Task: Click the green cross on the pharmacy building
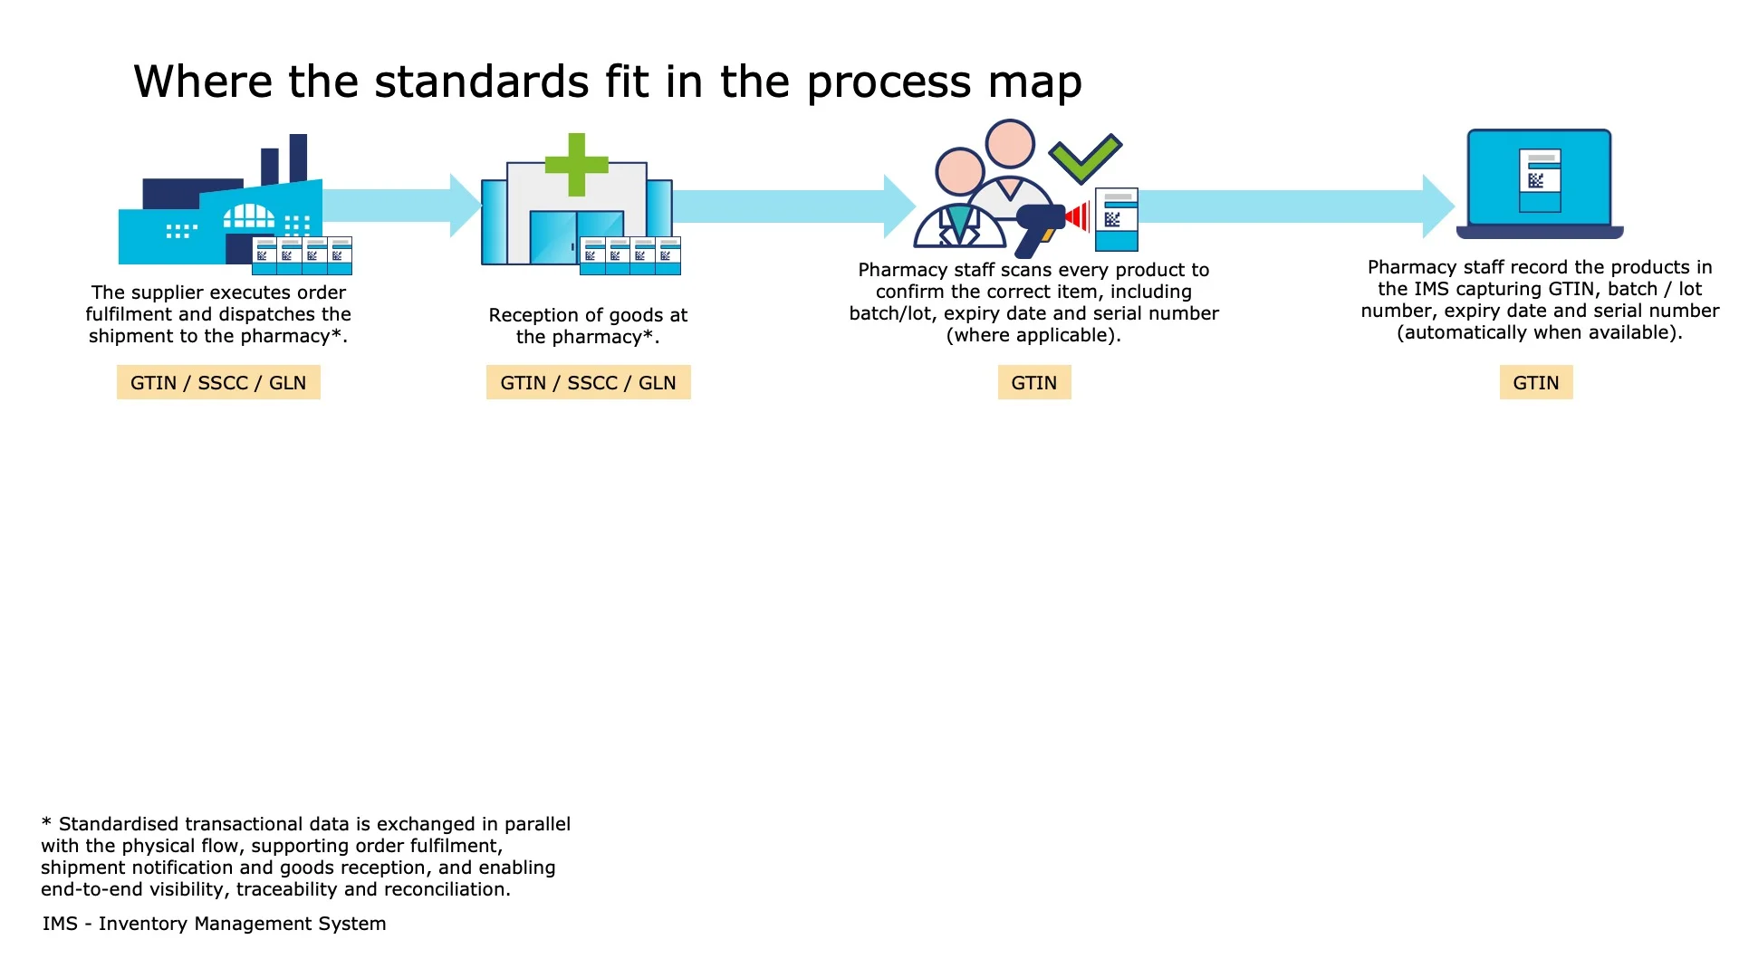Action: point(576,165)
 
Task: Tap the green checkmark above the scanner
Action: point(1085,158)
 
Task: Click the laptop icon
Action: point(1539,184)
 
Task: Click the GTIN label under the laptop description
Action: point(1536,383)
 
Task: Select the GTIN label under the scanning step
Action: point(1033,383)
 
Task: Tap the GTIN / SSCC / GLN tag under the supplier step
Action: point(218,383)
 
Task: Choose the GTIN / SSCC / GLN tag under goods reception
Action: point(588,383)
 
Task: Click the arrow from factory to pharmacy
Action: point(399,206)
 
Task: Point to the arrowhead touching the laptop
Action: point(1437,206)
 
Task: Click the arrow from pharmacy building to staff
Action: point(788,206)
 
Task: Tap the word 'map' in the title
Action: point(1035,82)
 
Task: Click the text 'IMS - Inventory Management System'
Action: point(214,924)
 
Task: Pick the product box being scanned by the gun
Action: point(1116,219)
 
